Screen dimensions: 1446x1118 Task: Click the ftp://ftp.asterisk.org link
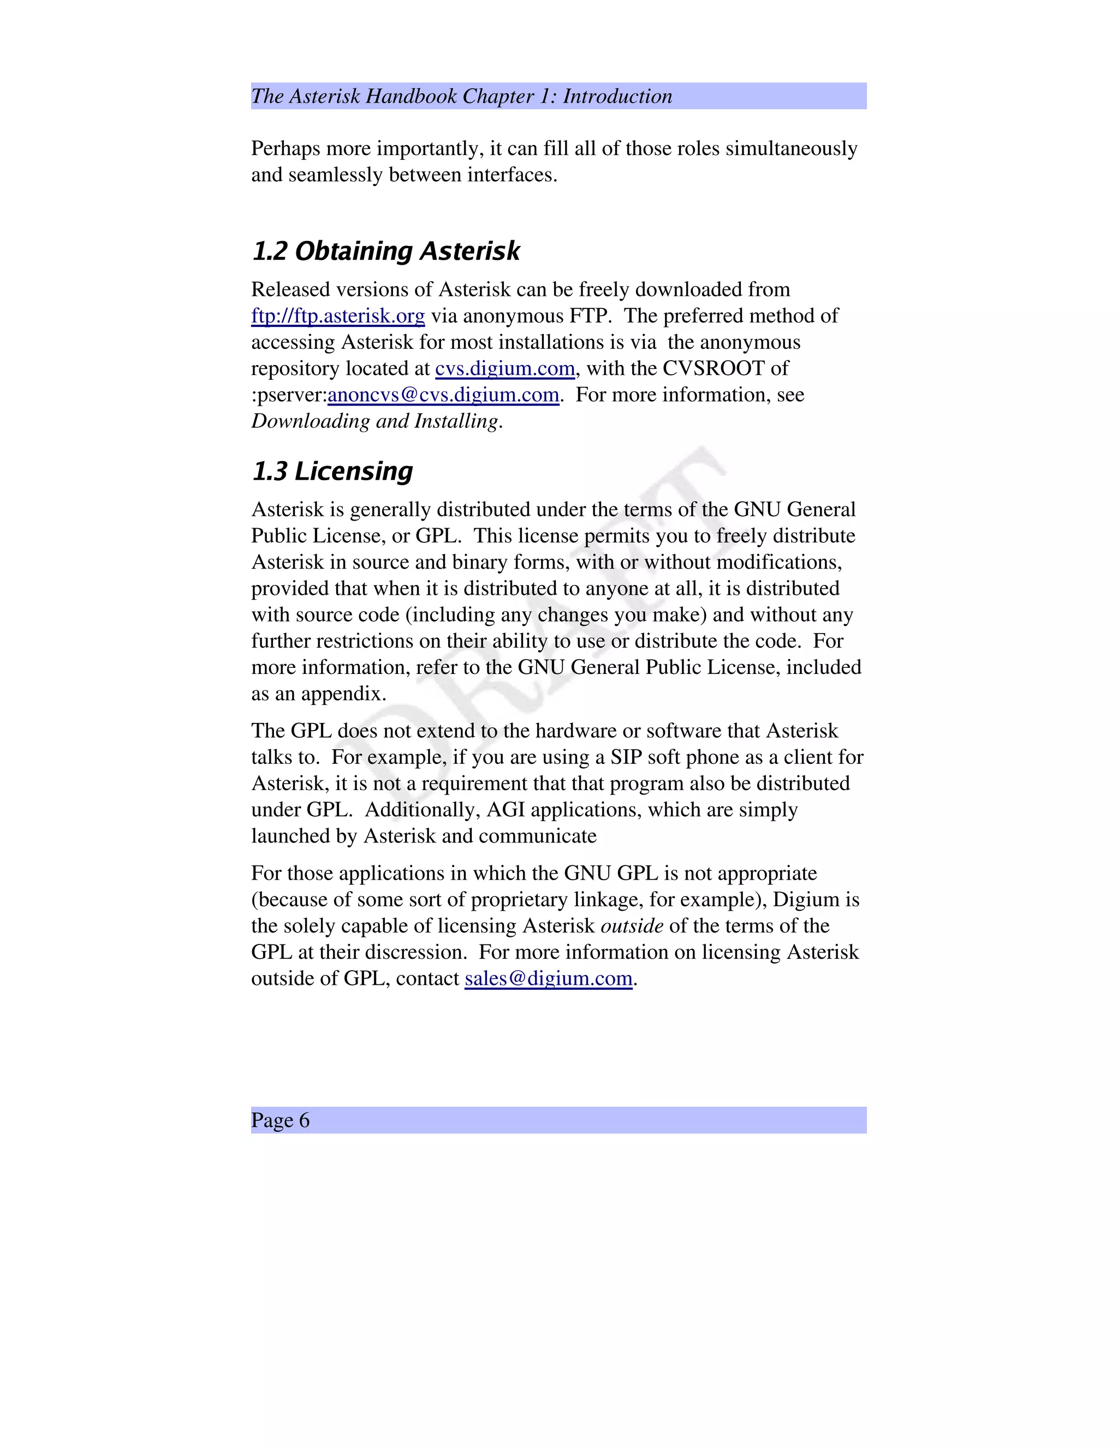coord(338,316)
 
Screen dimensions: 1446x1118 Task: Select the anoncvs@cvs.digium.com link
coord(443,395)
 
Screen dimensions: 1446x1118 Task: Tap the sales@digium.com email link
coord(549,978)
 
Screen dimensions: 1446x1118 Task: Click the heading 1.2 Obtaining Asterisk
coord(385,252)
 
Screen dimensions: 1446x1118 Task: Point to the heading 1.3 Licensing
coord(332,471)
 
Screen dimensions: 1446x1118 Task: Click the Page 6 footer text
coord(280,1120)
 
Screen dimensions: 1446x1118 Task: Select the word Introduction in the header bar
coord(617,97)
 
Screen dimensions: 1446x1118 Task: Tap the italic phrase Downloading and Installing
coord(375,421)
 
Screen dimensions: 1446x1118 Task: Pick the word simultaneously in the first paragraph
coord(792,148)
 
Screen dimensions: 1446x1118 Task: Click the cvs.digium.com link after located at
coord(505,368)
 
